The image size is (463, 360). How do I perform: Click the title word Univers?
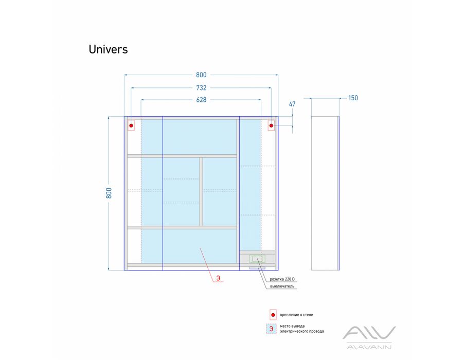[108, 49]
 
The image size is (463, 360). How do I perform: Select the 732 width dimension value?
[201, 87]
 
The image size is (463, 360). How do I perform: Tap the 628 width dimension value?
[201, 100]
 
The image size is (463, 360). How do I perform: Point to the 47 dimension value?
[292, 104]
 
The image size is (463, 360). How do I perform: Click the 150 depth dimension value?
[353, 98]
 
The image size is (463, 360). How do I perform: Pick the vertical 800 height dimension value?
[109, 193]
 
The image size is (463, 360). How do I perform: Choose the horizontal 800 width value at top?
[201, 75]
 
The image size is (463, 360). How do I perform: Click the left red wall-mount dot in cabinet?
[131, 125]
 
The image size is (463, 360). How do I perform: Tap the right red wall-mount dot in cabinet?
[271, 125]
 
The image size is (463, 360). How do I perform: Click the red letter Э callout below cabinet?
[218, 278]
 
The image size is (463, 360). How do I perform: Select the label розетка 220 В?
[282, 279]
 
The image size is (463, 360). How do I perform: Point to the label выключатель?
[282, 286]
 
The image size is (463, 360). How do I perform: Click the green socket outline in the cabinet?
[258, 259]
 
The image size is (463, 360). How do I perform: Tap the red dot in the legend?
[273, 315]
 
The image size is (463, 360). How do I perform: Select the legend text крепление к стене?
[296, 315]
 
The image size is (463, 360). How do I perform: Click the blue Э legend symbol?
[271, 329]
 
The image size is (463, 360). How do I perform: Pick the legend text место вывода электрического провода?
[302, 329]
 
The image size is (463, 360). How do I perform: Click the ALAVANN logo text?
[369, 347]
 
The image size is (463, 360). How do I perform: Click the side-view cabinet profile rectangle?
[325, 193]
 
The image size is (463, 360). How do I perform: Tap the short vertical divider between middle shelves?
[201, 192]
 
